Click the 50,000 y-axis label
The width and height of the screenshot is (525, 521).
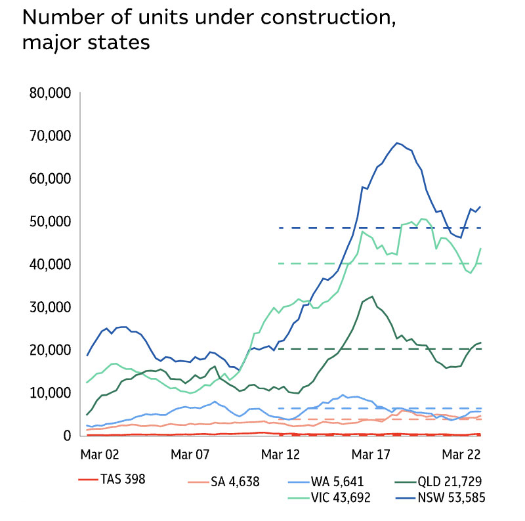pos(51,221)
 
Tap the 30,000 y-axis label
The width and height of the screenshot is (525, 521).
pos(51,307)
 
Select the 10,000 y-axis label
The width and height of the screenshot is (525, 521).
pos(51,393)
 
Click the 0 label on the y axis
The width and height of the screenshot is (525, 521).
pos(66,436)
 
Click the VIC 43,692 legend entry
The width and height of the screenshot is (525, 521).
pos(332,497)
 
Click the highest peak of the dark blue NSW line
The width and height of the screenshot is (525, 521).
pos(397,142)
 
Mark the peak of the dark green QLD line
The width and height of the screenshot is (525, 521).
pos(372,296)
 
